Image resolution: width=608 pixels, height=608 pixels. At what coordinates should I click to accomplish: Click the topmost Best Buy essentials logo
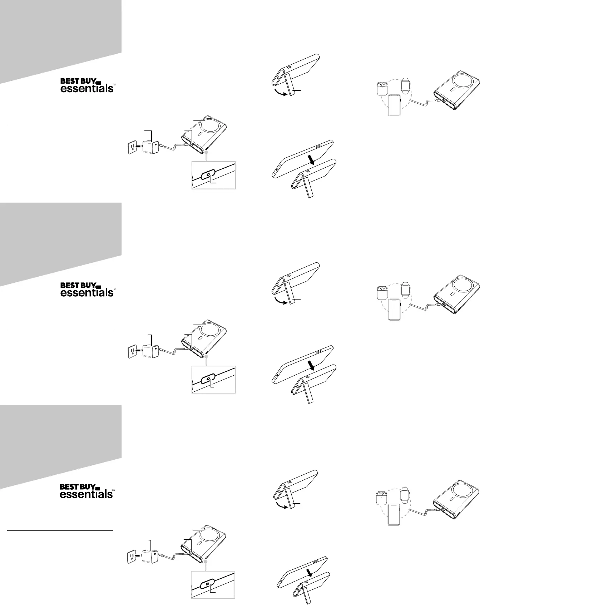pos(87,85)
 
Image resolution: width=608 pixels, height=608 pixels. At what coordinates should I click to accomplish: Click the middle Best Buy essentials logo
pos(87,289)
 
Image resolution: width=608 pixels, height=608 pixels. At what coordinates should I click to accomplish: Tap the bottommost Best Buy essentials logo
pos(87,491)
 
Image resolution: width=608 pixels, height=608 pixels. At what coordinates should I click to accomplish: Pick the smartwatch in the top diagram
pos(405,85)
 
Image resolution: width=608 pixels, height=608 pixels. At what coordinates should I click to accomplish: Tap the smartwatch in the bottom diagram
pos(405,495)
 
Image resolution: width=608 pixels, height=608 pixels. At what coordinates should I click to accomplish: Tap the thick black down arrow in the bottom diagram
pos(310,573)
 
